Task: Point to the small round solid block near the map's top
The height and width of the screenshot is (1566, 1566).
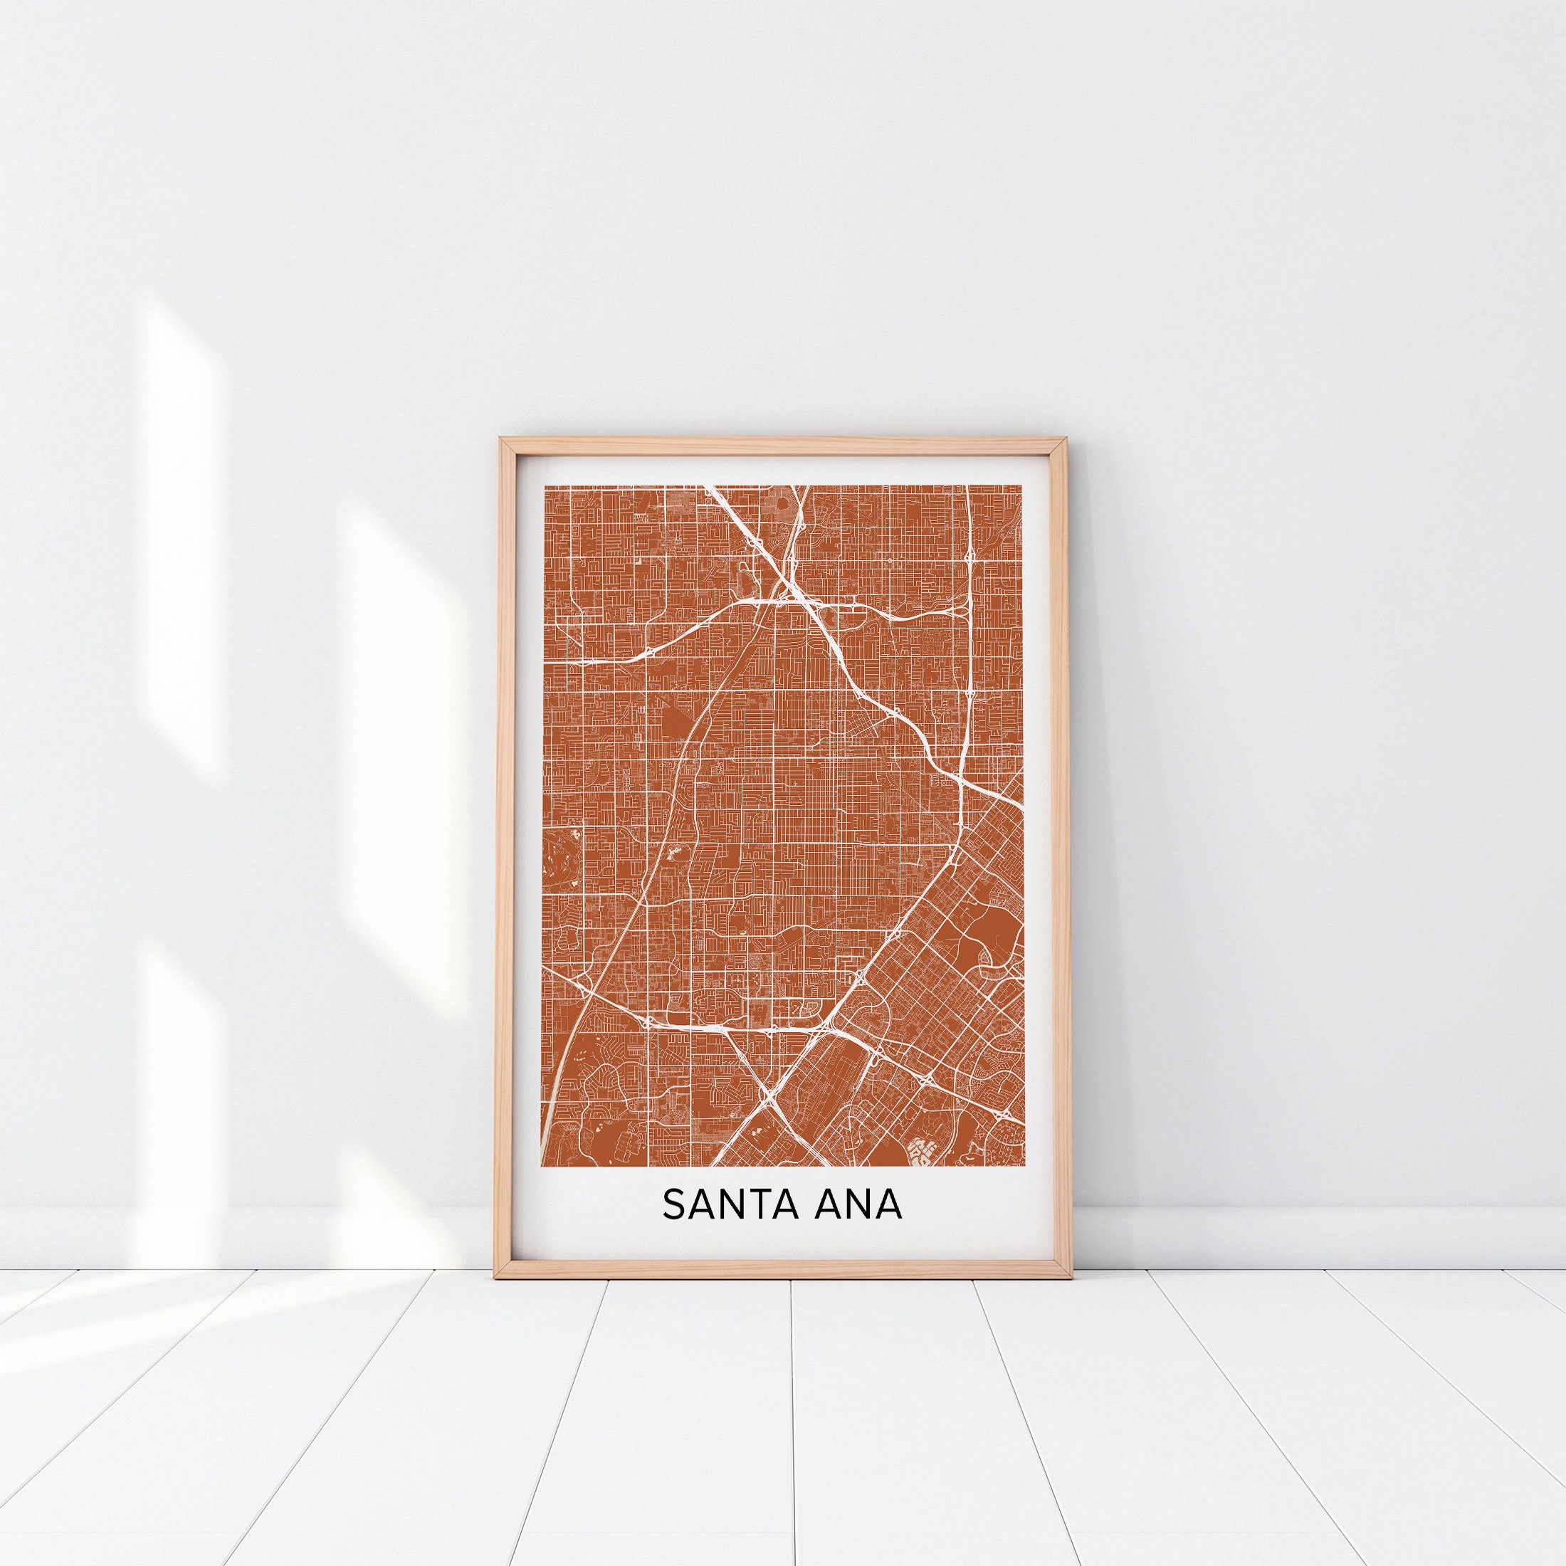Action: (784, 505)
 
